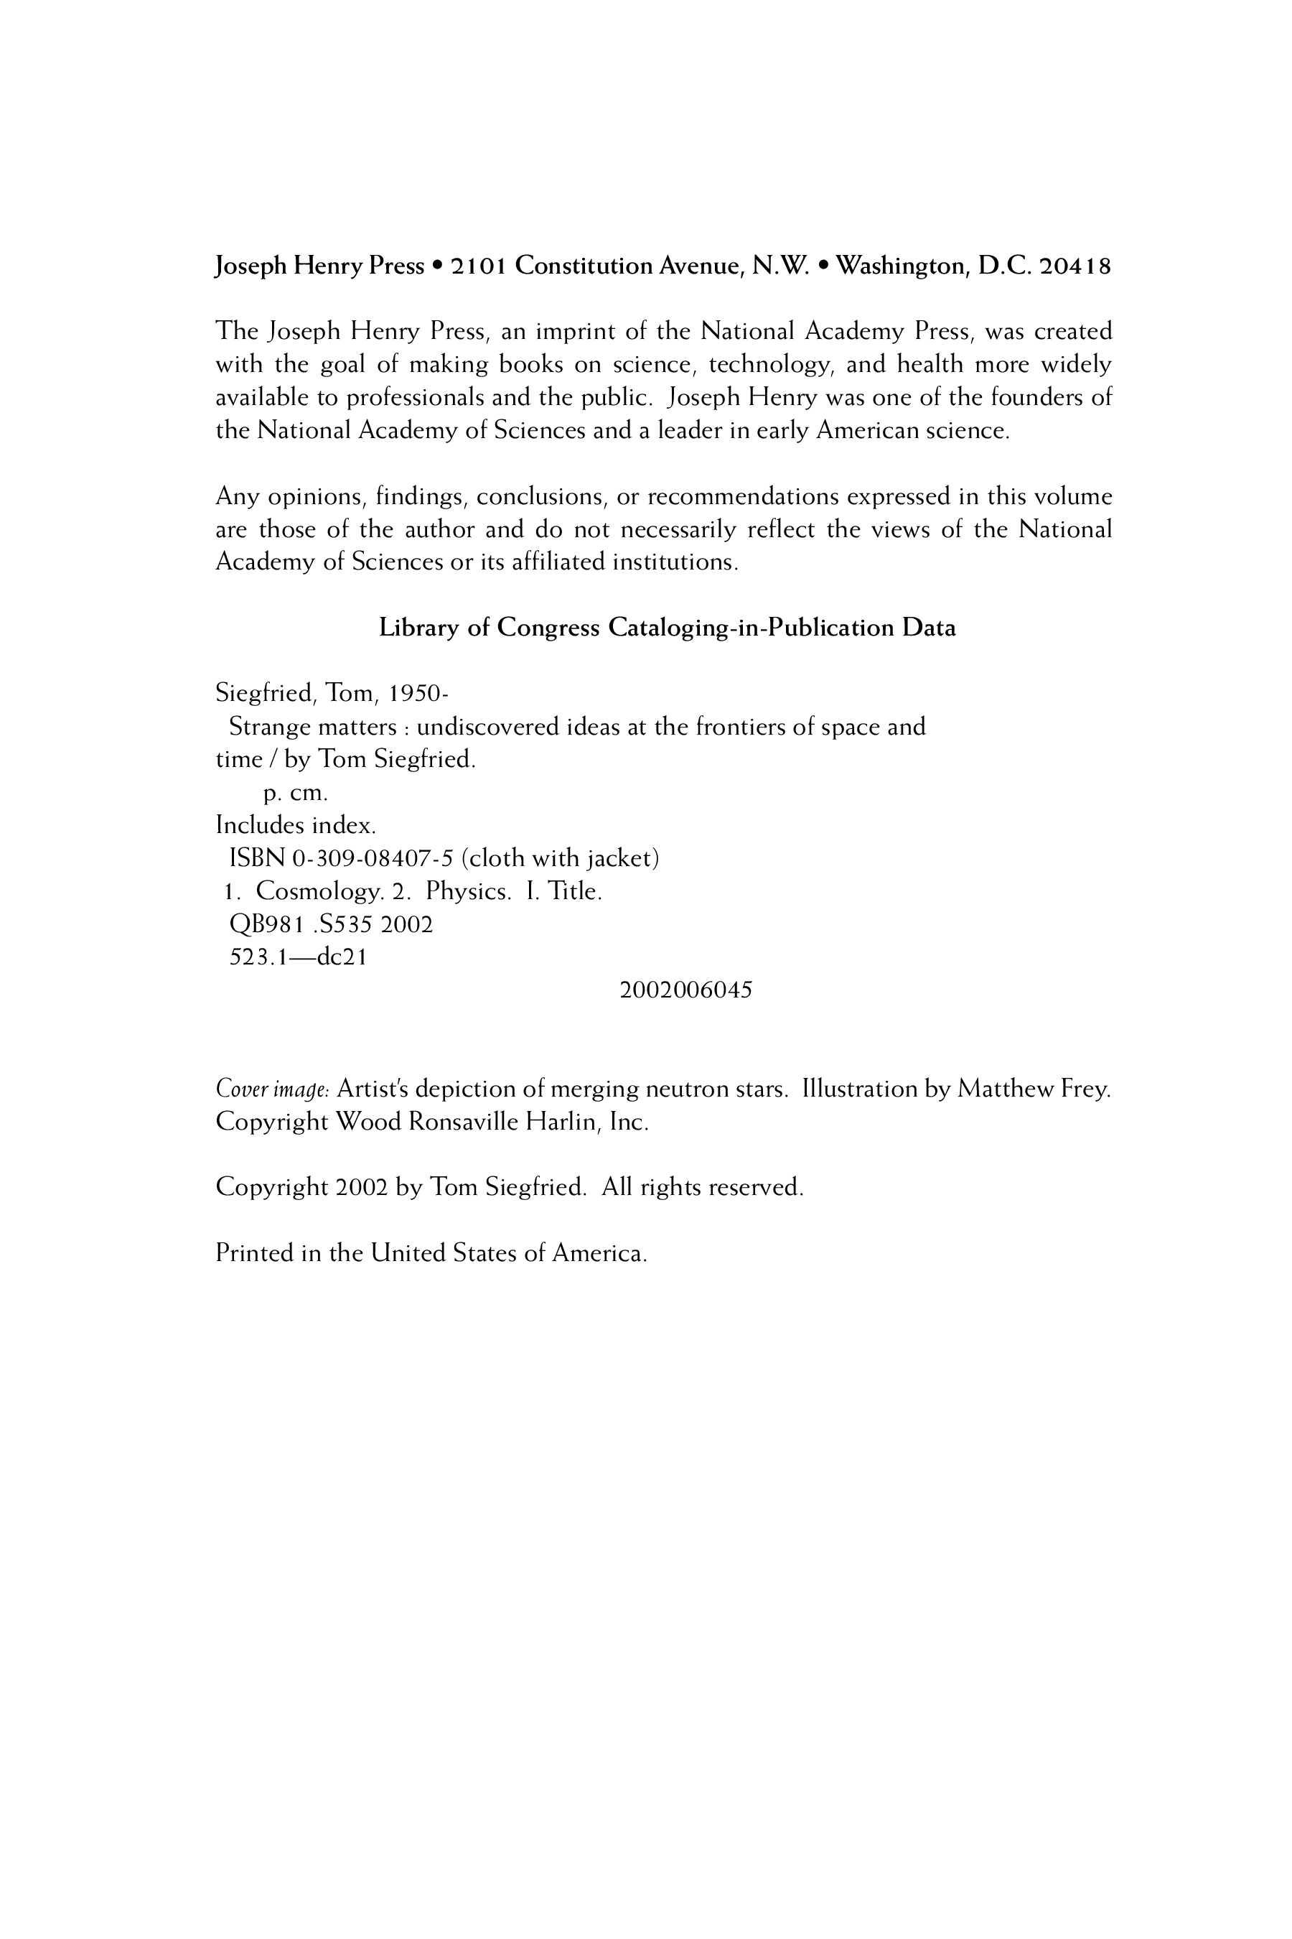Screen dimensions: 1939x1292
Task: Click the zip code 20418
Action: [x=1075, y=266]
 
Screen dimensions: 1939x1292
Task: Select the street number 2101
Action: [x=479, y=266]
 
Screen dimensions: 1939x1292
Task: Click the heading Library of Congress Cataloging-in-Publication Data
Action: [x=667, y=628]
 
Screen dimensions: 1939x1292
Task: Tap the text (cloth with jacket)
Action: [x=561, y=859]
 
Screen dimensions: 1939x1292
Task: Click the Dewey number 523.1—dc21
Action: [x=297, y=958]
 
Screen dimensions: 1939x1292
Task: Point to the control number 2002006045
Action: [x=685, y=991]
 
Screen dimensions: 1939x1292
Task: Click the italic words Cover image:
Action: [x=273, y=1090]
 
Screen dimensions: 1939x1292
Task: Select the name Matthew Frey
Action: [x=1034, y=1090]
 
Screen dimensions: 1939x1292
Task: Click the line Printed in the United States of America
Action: [x=431, y=1254]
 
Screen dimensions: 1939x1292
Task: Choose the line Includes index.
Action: [x=296, y=825]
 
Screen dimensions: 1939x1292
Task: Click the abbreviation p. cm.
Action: [x=296, y=794]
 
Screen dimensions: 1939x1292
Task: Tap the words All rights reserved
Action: [x=702, y=1188]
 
